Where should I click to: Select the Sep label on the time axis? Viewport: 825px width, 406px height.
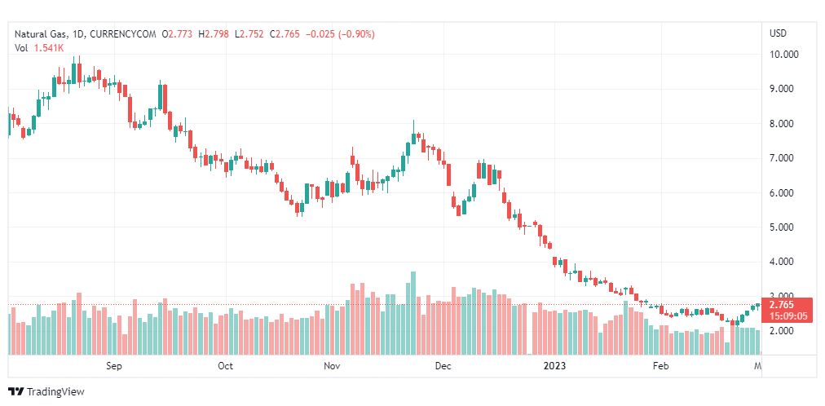pos(114,366)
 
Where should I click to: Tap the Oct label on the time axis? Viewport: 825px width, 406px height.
pos(226,366)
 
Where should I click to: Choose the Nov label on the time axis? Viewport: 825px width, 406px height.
pos(331,366)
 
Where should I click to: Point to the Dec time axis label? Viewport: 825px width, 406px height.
pos(443,366)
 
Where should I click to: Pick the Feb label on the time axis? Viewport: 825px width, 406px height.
pos(661,366)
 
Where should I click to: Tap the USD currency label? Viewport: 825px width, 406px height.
pos(778,33)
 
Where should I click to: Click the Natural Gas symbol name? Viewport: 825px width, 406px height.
pos(41,33)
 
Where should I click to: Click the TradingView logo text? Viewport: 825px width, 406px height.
pos(55,392)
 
